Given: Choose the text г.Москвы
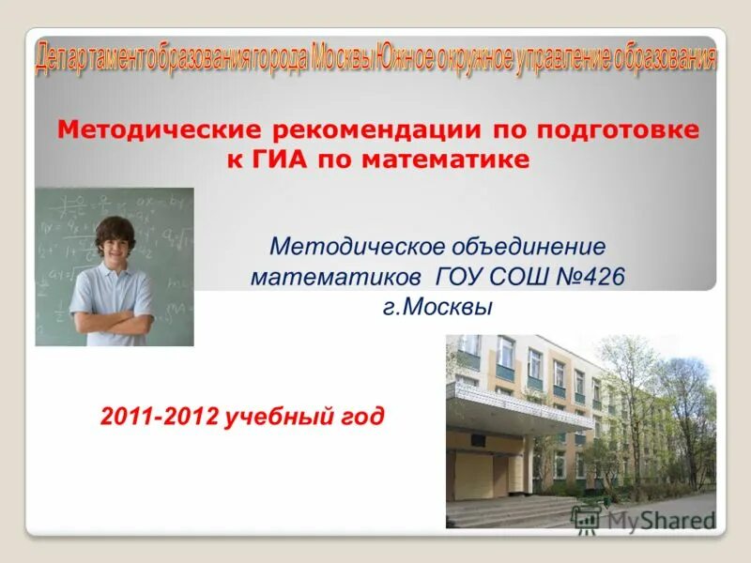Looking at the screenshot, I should (437, 307).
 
